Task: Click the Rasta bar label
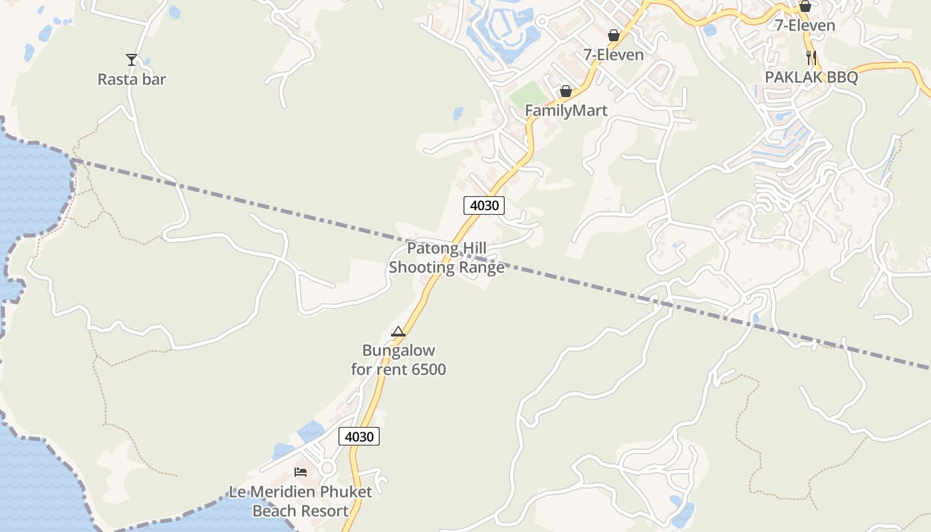coord(132,79)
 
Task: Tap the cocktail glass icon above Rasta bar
coord(132,60)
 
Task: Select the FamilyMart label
coord(566,110)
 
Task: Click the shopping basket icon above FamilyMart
coord(565,91)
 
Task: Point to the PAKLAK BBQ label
coord(811,77)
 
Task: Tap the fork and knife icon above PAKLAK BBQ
coord(811,57)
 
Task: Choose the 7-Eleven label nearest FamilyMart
coord(614,55)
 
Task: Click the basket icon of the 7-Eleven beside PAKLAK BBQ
coord(805,7)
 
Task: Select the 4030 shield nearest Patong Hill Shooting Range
coord(483,205)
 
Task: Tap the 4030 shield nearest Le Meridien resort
coord(359,436)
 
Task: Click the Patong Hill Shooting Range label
coord(447,258)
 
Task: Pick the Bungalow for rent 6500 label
coord(398,360)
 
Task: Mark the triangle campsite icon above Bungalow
coord(398,331)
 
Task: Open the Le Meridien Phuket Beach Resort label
coord(301,501)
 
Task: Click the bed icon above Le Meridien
coord(301,472)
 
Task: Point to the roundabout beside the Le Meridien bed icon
coord(327,468)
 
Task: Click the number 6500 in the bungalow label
coord(426,369)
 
